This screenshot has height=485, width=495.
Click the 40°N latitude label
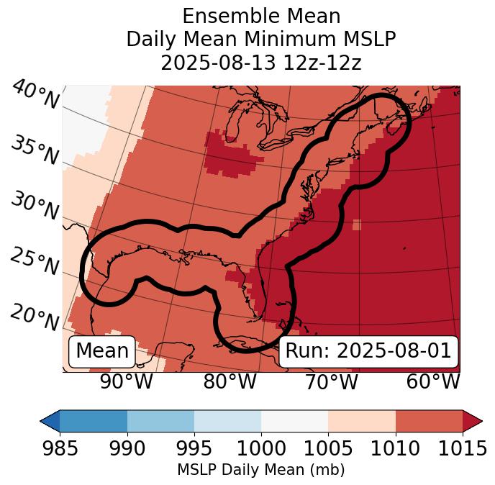pyautogui.click(x=35, y=95)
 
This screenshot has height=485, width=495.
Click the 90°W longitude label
pyautogui.click(x=126, y=381)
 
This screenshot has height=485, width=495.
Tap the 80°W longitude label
pyautogui.click(x=230, y=381)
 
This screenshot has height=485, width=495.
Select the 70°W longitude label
pyautogui.click(x=332, y=381)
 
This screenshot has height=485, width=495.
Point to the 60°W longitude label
pyautogui.click(x=433, y=381)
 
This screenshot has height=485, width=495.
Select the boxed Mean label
pyautogui.click(x=102, y=351)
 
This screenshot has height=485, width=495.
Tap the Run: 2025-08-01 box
pyautogui.click(x=368, y=351)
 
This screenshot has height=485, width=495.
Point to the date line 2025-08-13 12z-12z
pyautogui.click(x=261, y=63)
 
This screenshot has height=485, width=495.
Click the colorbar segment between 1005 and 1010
pyautogui.click(x=362, y=420)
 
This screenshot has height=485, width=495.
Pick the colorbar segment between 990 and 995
pyautogui.click(x=160, y=420)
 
